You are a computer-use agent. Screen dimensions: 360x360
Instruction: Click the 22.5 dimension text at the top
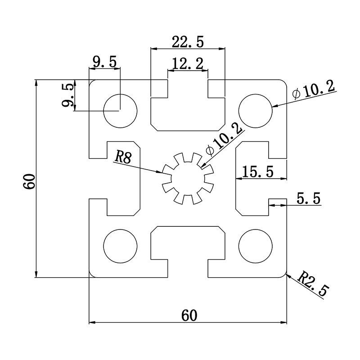pyautogui.click(x=188, y=42)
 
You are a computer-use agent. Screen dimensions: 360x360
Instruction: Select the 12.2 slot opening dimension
pyautogui.click(x=188, y=64)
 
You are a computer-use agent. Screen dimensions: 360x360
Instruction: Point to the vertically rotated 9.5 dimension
pyautogui.click(x=67, y=95)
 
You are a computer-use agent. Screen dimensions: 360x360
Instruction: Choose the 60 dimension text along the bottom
pyautogui.click(x=189, y=315)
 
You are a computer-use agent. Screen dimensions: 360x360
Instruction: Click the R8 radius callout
pyautogui.click(x=122, y=157)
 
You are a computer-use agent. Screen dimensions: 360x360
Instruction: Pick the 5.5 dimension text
pyautogui.click(x=309, y=198)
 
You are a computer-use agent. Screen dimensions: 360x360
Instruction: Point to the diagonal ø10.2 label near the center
pyautogui.click(x=224, y=139)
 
